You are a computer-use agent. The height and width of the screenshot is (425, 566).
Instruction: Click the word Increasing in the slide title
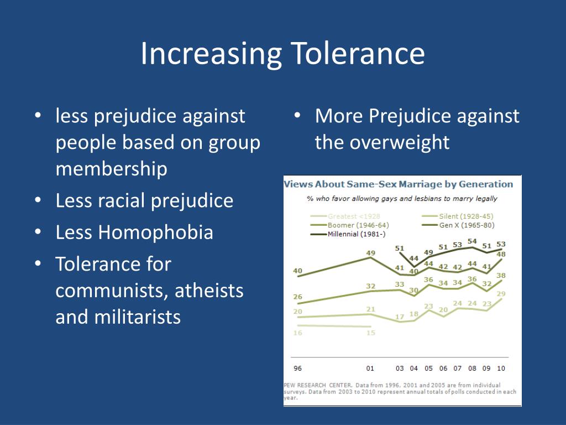[211, 54]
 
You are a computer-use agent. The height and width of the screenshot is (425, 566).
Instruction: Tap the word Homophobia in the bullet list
[155, 232]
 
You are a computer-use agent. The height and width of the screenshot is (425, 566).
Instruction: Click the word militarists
[118, 318]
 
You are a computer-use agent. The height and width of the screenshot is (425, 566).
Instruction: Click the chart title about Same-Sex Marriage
[398, 184]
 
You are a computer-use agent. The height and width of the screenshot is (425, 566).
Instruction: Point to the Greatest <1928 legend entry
[354, 216]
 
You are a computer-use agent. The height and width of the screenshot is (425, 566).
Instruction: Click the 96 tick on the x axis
[297, 369]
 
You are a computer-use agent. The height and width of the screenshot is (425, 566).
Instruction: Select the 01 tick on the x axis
[370, 369]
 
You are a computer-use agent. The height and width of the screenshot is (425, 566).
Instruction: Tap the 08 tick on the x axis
[472, 369]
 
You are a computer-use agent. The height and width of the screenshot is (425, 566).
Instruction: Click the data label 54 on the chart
[472, 241]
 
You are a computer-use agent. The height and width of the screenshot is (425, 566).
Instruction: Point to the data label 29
[501, 294]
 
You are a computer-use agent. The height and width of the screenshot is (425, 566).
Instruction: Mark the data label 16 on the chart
[297, 333]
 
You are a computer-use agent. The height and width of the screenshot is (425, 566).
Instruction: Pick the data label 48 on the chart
[501, 255]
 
